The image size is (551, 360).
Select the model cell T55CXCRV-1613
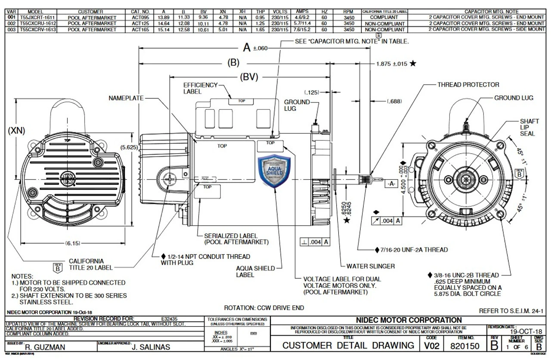(x=38, y=30)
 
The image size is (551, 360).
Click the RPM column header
(x=349, y=11)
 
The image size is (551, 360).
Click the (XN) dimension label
(x=16, y=130)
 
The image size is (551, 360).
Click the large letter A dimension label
(x=247, y=47)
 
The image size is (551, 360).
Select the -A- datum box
(x=391, y=183)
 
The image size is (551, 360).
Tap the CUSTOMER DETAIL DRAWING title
(x=348, y=345)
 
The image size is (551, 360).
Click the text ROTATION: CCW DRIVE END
(x=264, y=308)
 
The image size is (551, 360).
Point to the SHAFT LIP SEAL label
(x=527, y=127)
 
